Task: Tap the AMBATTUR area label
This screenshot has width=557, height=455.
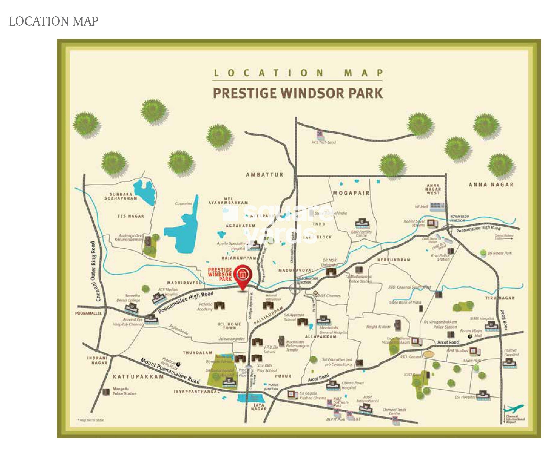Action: coord(265,175)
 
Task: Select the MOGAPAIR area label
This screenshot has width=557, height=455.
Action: coord(351,193)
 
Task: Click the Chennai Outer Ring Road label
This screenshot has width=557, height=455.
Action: coord(95,271)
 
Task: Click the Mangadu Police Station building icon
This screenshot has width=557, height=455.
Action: coord(106,392)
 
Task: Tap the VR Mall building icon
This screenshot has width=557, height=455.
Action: coord(437,206)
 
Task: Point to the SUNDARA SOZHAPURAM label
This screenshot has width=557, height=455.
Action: coord(121,196)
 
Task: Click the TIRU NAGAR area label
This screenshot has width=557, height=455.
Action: coord(500,298)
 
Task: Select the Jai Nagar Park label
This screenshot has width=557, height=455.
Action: coord(500,253)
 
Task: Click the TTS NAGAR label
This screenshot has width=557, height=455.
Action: coord(131,216)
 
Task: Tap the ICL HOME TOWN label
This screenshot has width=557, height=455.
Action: coord(229,326)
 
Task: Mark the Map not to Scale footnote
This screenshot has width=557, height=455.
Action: coord(91,420)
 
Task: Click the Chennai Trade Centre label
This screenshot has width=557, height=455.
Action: coord(394,411)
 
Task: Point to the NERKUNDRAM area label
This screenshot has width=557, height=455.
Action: coord(394,260)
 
